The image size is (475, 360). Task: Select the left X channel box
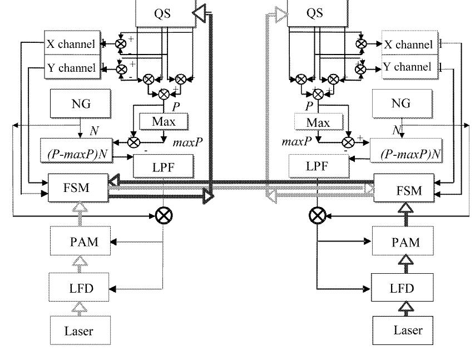tap(71, 44)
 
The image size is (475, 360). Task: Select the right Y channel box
tap(407, 67)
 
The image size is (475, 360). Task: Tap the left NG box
tap(81, 103)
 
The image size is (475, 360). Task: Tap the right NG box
tap(400, 103)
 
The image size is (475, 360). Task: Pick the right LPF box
tap(315, 165)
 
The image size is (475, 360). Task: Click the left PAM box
tap(80, 243)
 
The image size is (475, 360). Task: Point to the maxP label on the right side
tap(295, 142)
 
